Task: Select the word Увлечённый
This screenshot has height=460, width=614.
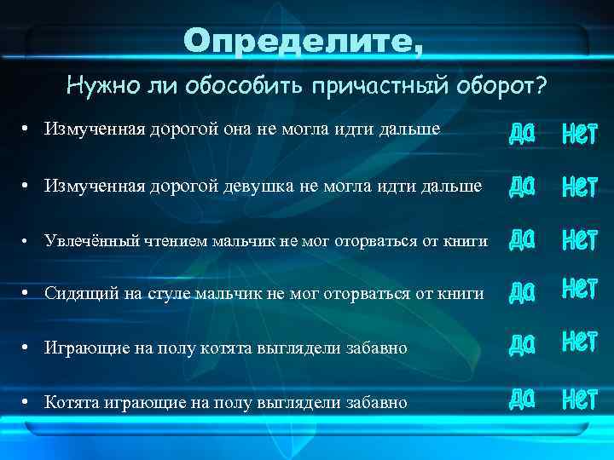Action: pyautogui.click(x=89, y=241)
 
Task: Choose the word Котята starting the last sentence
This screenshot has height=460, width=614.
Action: pyautogui.click(x=72, y=401)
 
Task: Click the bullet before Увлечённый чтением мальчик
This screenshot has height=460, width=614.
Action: pyautogui.click(x=27, y=241)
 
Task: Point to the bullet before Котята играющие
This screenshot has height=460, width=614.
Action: pyautogui.click(x=27, y=401)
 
